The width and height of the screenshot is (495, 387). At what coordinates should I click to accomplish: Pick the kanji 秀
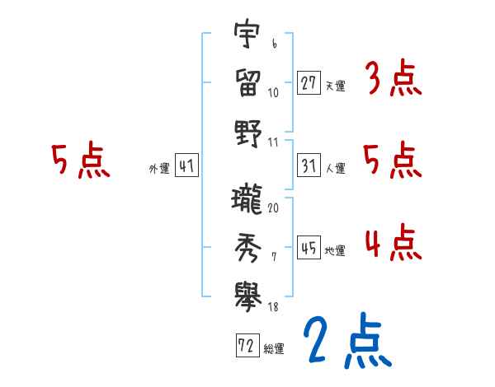[x=247, y=245]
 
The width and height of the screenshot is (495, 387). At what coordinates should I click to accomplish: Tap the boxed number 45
[x=309, y=249]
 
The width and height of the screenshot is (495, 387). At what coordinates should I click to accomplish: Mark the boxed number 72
[x=247, y=346]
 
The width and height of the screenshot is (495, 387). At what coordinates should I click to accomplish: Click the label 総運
[x=274, y=347]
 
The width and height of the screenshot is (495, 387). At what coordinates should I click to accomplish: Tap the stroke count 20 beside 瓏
[x=273, y=207]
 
